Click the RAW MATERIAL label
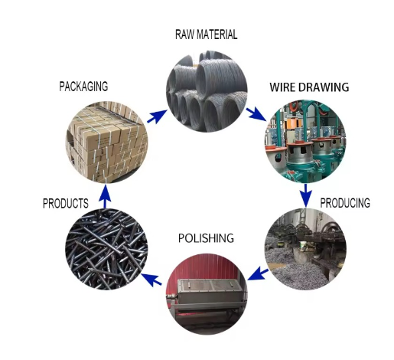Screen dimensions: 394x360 point(206,34)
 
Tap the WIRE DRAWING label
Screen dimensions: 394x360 point(309,87)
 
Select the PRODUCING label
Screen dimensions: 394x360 point(345,203)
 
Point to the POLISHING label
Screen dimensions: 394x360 point(206,238)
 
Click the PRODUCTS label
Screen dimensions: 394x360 point(66,204)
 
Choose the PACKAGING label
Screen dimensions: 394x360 point(83,87)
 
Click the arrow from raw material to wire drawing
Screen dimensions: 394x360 point(256,114)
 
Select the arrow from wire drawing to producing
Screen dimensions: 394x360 point(305,195)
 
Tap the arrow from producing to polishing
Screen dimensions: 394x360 point(258,273)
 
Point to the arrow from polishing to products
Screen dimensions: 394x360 point(151,279)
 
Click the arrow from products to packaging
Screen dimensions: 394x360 point(105,197)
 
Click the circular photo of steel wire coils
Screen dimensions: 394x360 point(207,91)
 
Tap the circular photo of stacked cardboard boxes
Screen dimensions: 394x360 point(106,142)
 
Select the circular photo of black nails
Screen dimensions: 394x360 point(106,249)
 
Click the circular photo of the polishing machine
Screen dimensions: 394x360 point(207,294)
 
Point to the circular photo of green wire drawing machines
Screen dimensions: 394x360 point(305,142)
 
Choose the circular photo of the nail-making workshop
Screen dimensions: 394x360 point(305,249)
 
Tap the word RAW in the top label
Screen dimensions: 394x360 point(184,34)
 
